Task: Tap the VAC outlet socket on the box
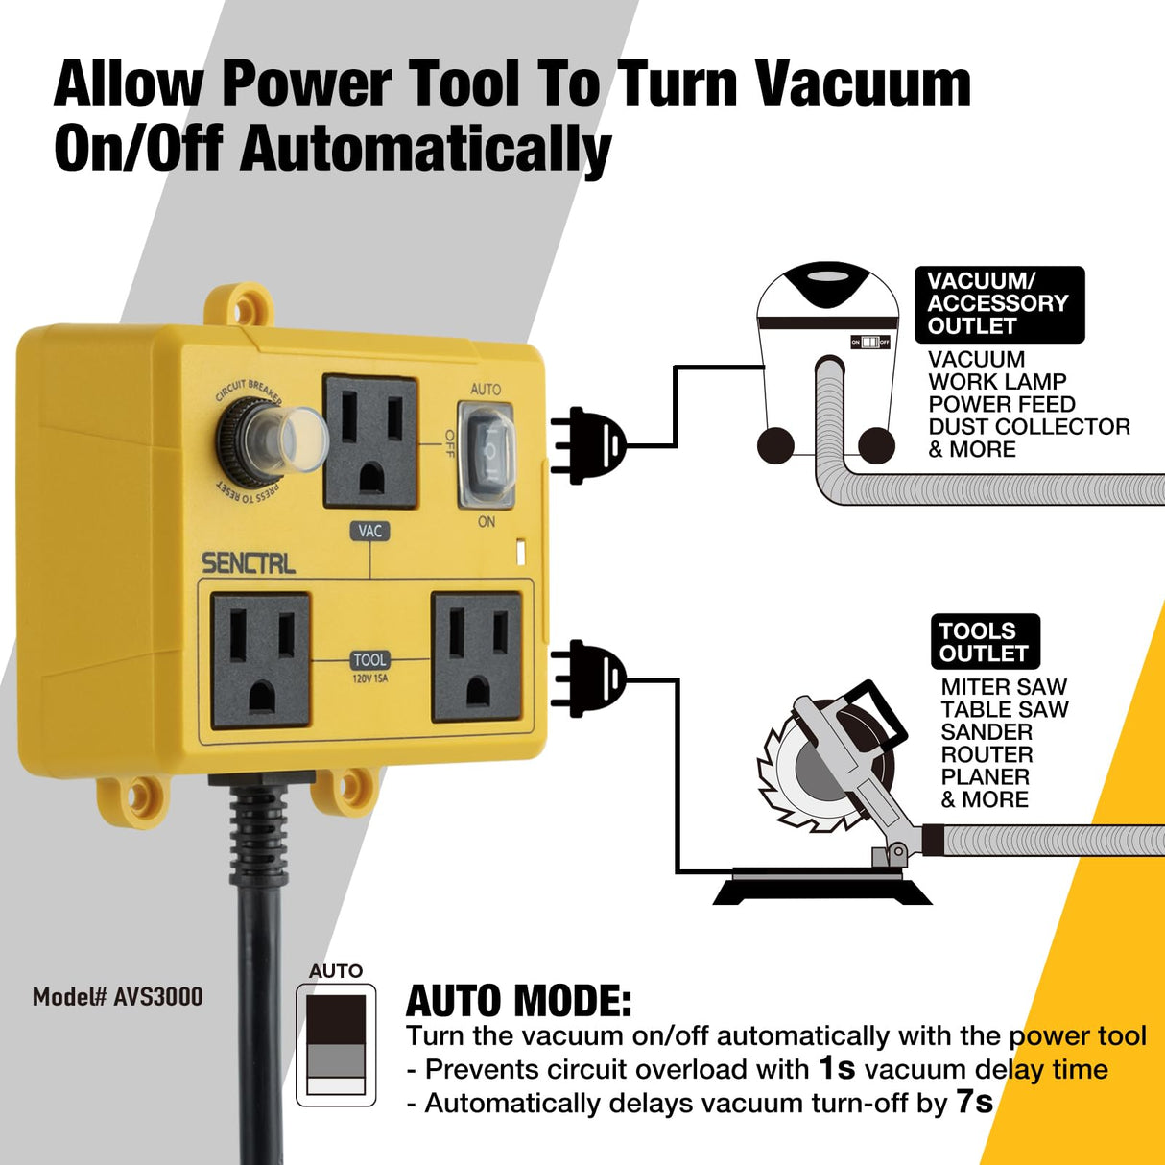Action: pyautogui.click(x=370, y=440)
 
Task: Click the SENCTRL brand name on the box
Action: pyautogui.click(x=248, y=562)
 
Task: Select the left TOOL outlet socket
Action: pyautogui.click(x=261, y=659)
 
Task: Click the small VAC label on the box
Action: pyautogui.click(x=370, y=531)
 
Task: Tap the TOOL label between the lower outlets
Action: pyautogui.click(x=369, y=660)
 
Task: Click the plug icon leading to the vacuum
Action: pyautogui.click(x=590, y=445)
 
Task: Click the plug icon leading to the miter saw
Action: pyautogui.click(x=590, y=678)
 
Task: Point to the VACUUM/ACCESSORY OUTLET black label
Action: pyautogui.click(x=998, y=304)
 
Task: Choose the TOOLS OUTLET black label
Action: pyautogui.click(x=985, y=642)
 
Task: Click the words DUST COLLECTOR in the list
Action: pyautogui.click(x=1029, y=427)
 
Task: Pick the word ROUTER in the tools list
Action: pyautogui.click(x=987, y=754)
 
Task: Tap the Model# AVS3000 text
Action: pyautogui.click(x=118, y=997)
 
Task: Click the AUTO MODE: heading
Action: pyautogui.click(x=518, y=1001)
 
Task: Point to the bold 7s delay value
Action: pyautogui.click(x=974, y=1102)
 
